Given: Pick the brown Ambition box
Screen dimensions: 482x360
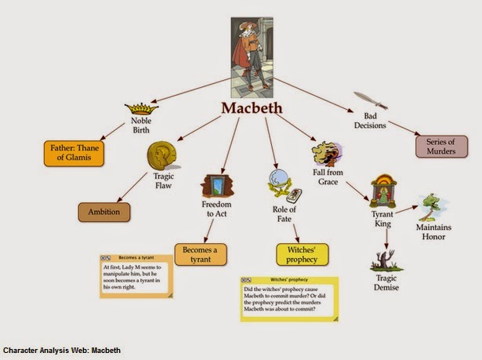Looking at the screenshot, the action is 103,212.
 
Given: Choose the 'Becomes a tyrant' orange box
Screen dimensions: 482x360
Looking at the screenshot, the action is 201,254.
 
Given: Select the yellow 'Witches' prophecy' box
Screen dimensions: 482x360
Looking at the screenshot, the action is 302,253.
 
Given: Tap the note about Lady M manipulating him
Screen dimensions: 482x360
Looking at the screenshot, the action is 136,275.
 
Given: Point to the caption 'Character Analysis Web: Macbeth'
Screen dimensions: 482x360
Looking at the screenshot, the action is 63,350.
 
